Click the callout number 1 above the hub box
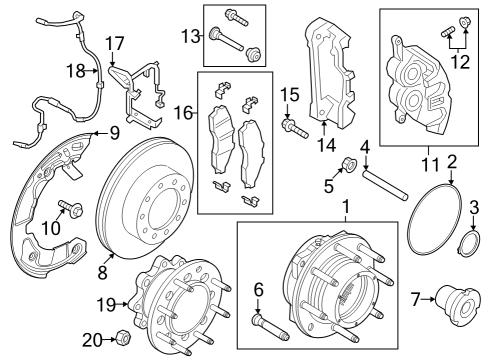[347, 208]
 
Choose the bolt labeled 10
[70, 210]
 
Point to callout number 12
[461, 63]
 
